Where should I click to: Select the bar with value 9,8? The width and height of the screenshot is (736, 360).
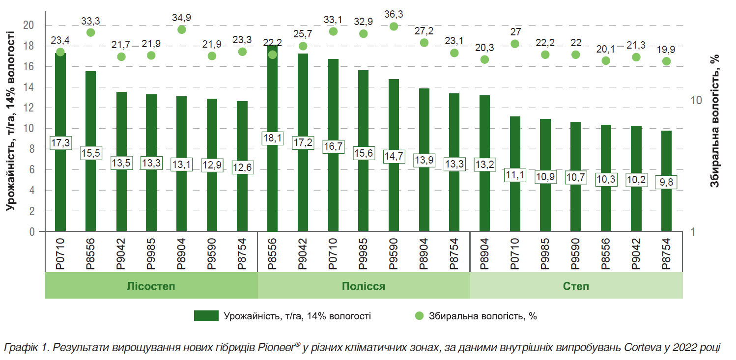click(x=666, y=206)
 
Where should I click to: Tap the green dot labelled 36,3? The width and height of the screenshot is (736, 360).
click(x=394, y=27)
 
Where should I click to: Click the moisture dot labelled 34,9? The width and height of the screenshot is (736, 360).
click(x=182, y=29)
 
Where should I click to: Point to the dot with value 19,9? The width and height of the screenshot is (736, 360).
click(x=666, y=61)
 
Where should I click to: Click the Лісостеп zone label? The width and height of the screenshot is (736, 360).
click(x=151, y=286)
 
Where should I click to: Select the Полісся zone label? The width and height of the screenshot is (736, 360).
click(x=364, y=286)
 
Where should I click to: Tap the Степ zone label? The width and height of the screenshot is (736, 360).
click(x=576, y=286)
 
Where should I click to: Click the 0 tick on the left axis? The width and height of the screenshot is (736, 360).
click(x=32, y=232)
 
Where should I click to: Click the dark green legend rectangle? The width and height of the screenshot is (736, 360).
click(x=206, y=316)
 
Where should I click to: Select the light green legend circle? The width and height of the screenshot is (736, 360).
click(x=419, y=316)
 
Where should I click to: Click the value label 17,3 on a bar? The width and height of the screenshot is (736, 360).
click(x=60, y=143)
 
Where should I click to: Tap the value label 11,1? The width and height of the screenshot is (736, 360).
click(x=515, y=175)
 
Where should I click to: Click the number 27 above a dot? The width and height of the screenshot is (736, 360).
click(x=515, y=32)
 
